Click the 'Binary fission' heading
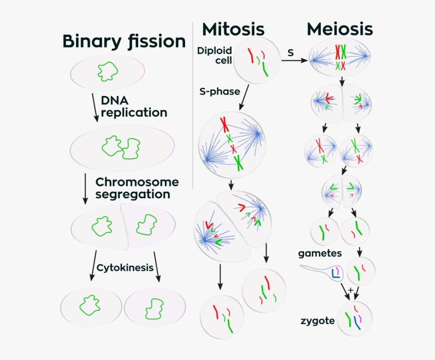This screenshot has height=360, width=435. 124,41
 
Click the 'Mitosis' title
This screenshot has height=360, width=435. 233,29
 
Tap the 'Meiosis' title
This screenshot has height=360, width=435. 340,29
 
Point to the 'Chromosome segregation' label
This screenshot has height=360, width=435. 137,188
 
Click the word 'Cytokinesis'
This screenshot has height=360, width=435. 124,267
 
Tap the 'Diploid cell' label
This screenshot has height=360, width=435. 215,56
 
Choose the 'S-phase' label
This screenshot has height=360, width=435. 220,92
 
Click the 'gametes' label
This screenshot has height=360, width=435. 320,253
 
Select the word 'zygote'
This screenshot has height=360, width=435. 317,321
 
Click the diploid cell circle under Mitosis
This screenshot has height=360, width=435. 257,61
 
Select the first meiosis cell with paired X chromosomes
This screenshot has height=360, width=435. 342,58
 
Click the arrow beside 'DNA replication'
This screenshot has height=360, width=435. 95,107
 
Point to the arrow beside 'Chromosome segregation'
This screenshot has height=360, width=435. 85,188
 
